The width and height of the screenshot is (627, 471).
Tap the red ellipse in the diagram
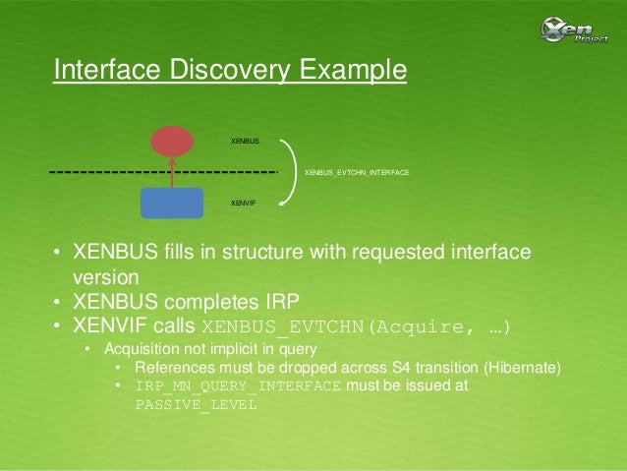pyautogui.click(x=172, y=141)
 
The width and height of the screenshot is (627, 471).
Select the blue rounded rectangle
pyautogui.click(x=172, y=203)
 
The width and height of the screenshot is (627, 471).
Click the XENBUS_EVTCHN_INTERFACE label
pyautogui.click(x=357, y=172)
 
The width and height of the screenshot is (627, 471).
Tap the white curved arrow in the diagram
pyautogui.click(x=289, y=172)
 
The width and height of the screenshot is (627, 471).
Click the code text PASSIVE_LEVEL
pyautogui.click(x=194, y=403)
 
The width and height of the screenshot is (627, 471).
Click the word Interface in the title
pyautogui.click(x=109, y=71)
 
